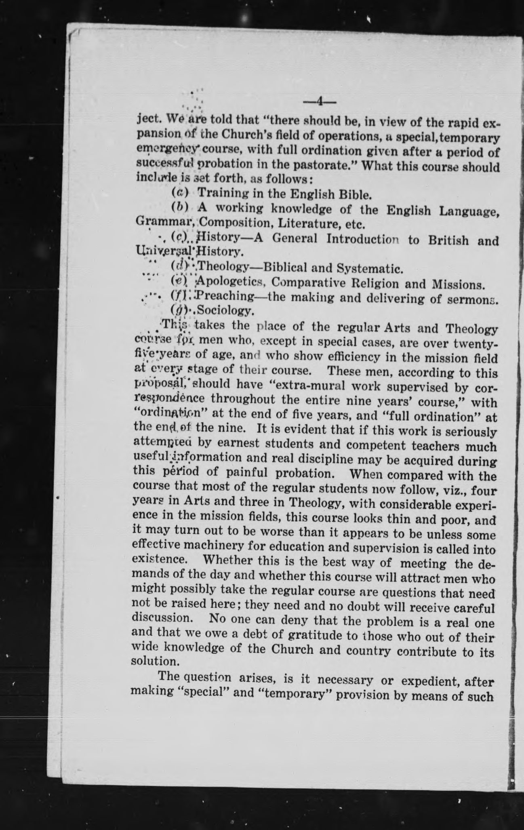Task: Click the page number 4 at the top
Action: (x=319, y=101)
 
